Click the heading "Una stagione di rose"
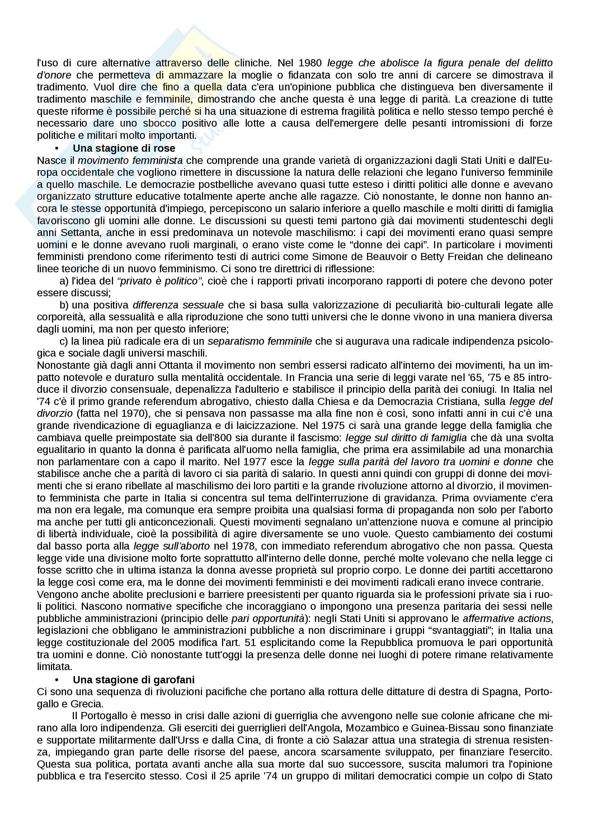coord(124,149)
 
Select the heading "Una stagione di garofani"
coord(133,680)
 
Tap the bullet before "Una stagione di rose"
coord(57,149)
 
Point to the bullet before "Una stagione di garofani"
coord(57,680)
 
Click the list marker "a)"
coord(64,281)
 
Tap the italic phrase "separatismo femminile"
coord(259,341)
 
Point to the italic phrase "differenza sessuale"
coord(178,305)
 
